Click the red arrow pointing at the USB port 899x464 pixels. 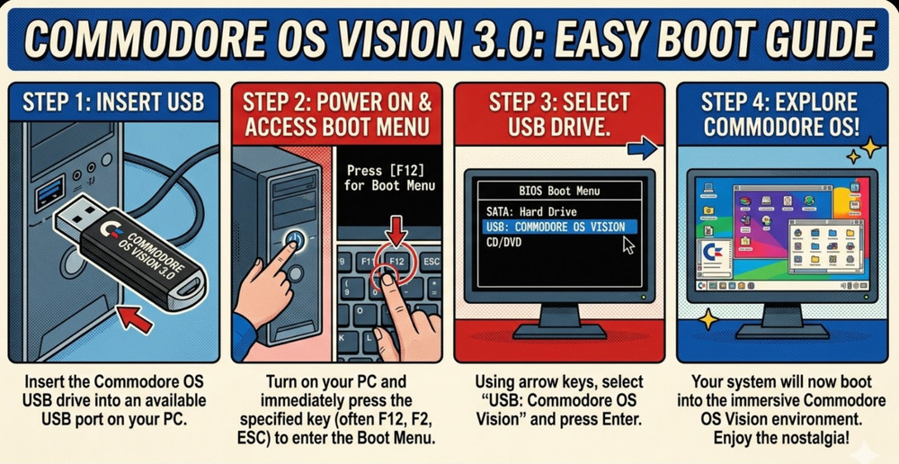point(135,316)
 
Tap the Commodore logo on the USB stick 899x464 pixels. point(112,230)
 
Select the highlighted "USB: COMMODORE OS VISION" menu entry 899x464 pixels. point(554,227)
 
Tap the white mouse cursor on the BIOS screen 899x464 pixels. point(628,244)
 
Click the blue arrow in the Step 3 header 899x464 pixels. point(642,147)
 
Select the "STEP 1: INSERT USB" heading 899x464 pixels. point(113,101)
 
